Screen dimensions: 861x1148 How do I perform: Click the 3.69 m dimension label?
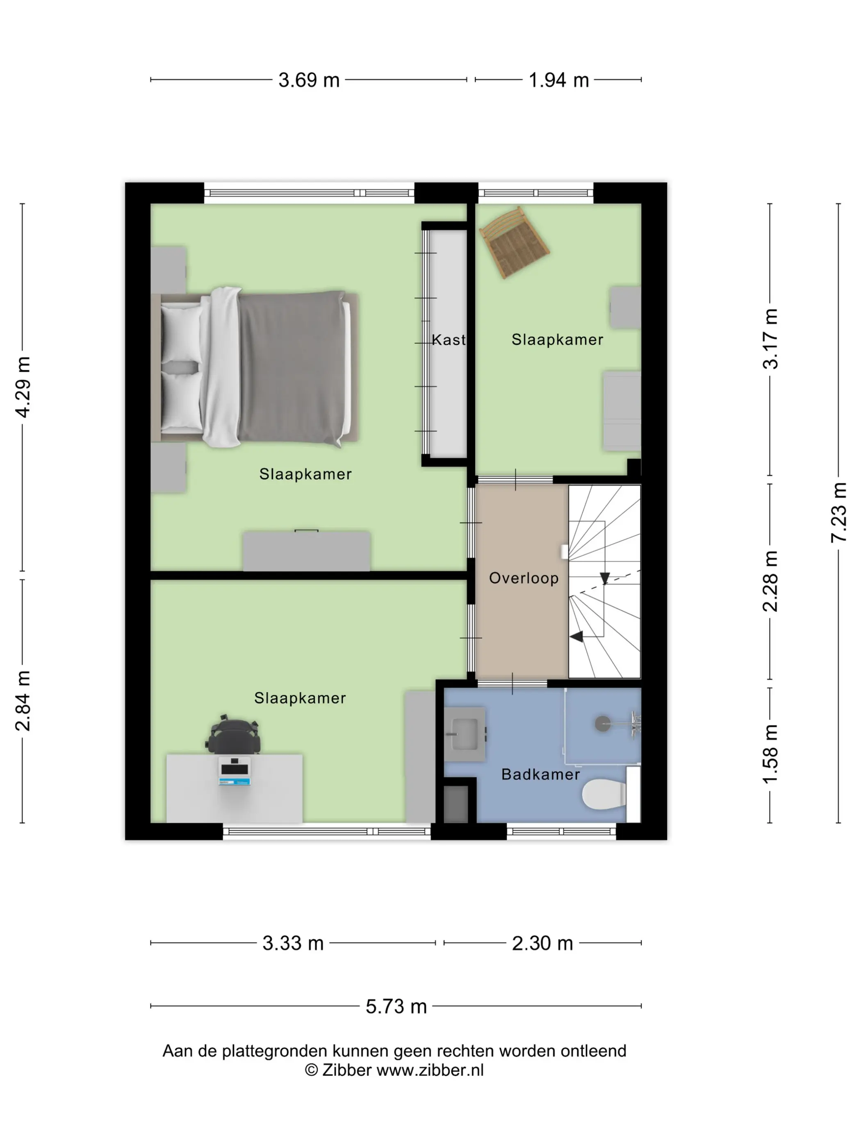click(x=309, y=80)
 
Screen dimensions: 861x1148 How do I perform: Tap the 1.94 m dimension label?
click(x=558, y=80)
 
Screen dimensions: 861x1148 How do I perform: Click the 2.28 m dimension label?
click(x=770, y=581)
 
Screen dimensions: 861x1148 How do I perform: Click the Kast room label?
click(x=449, y=340)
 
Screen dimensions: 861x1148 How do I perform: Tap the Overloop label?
click(x=524, y=578)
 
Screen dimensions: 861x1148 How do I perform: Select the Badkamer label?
click(x=540, y=774)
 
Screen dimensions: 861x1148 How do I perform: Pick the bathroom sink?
click(x=465, y=734)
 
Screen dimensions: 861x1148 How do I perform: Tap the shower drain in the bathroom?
click(x=603, y=724)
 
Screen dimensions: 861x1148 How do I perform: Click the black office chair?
click(x=234, y=734)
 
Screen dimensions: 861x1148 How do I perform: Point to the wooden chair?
click(x=514, y=242)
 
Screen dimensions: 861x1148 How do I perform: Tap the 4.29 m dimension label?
click(x=23, y=387)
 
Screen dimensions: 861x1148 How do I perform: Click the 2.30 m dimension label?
click(x=542, y=943)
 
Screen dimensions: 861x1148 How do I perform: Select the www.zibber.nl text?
click(x=430, y=1070)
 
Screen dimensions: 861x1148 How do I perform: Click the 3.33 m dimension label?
click(x=293, y=943)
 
